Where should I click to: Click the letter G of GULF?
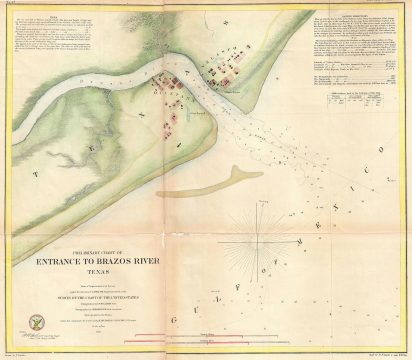(177, 313)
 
